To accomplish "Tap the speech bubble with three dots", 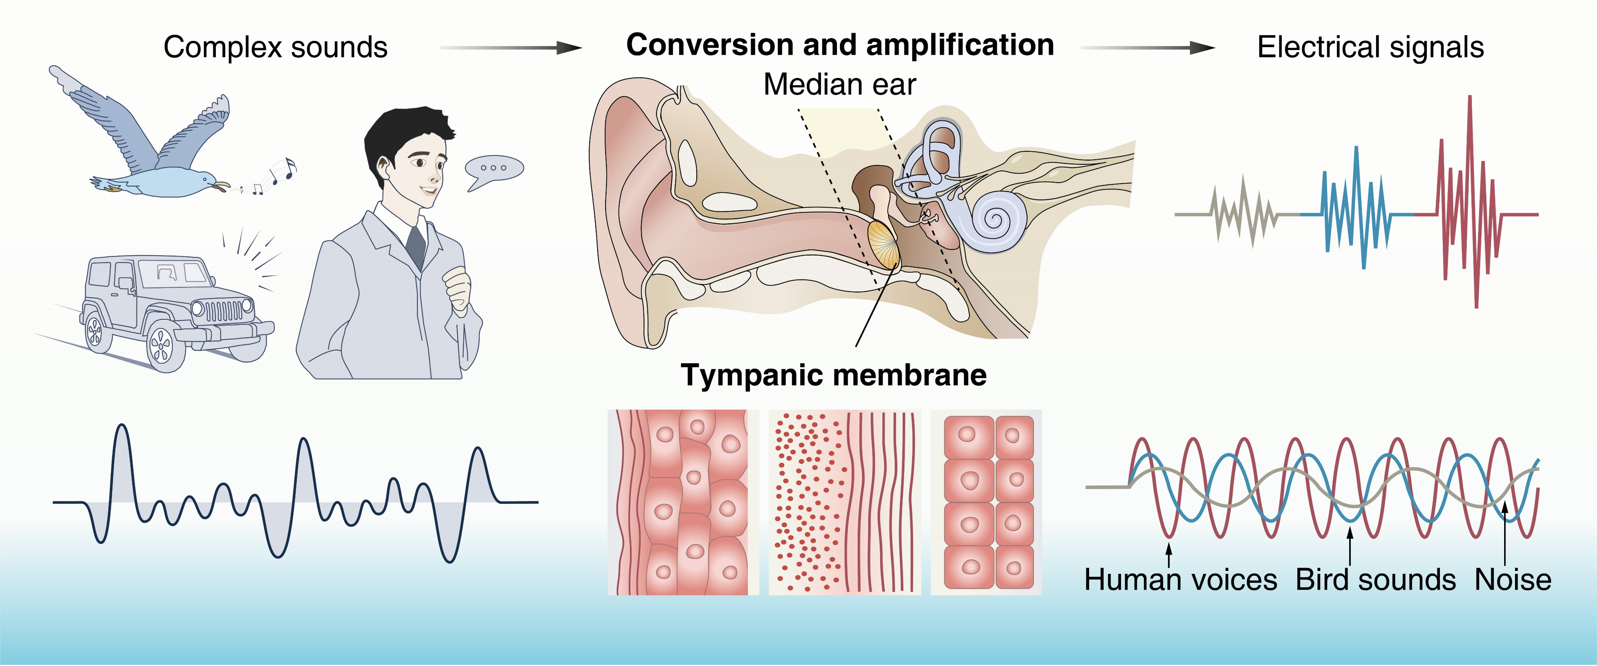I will [x=494, y=169].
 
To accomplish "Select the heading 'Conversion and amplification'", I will [x=840, y=45].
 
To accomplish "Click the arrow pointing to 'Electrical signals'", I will [x=1147, y=48].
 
